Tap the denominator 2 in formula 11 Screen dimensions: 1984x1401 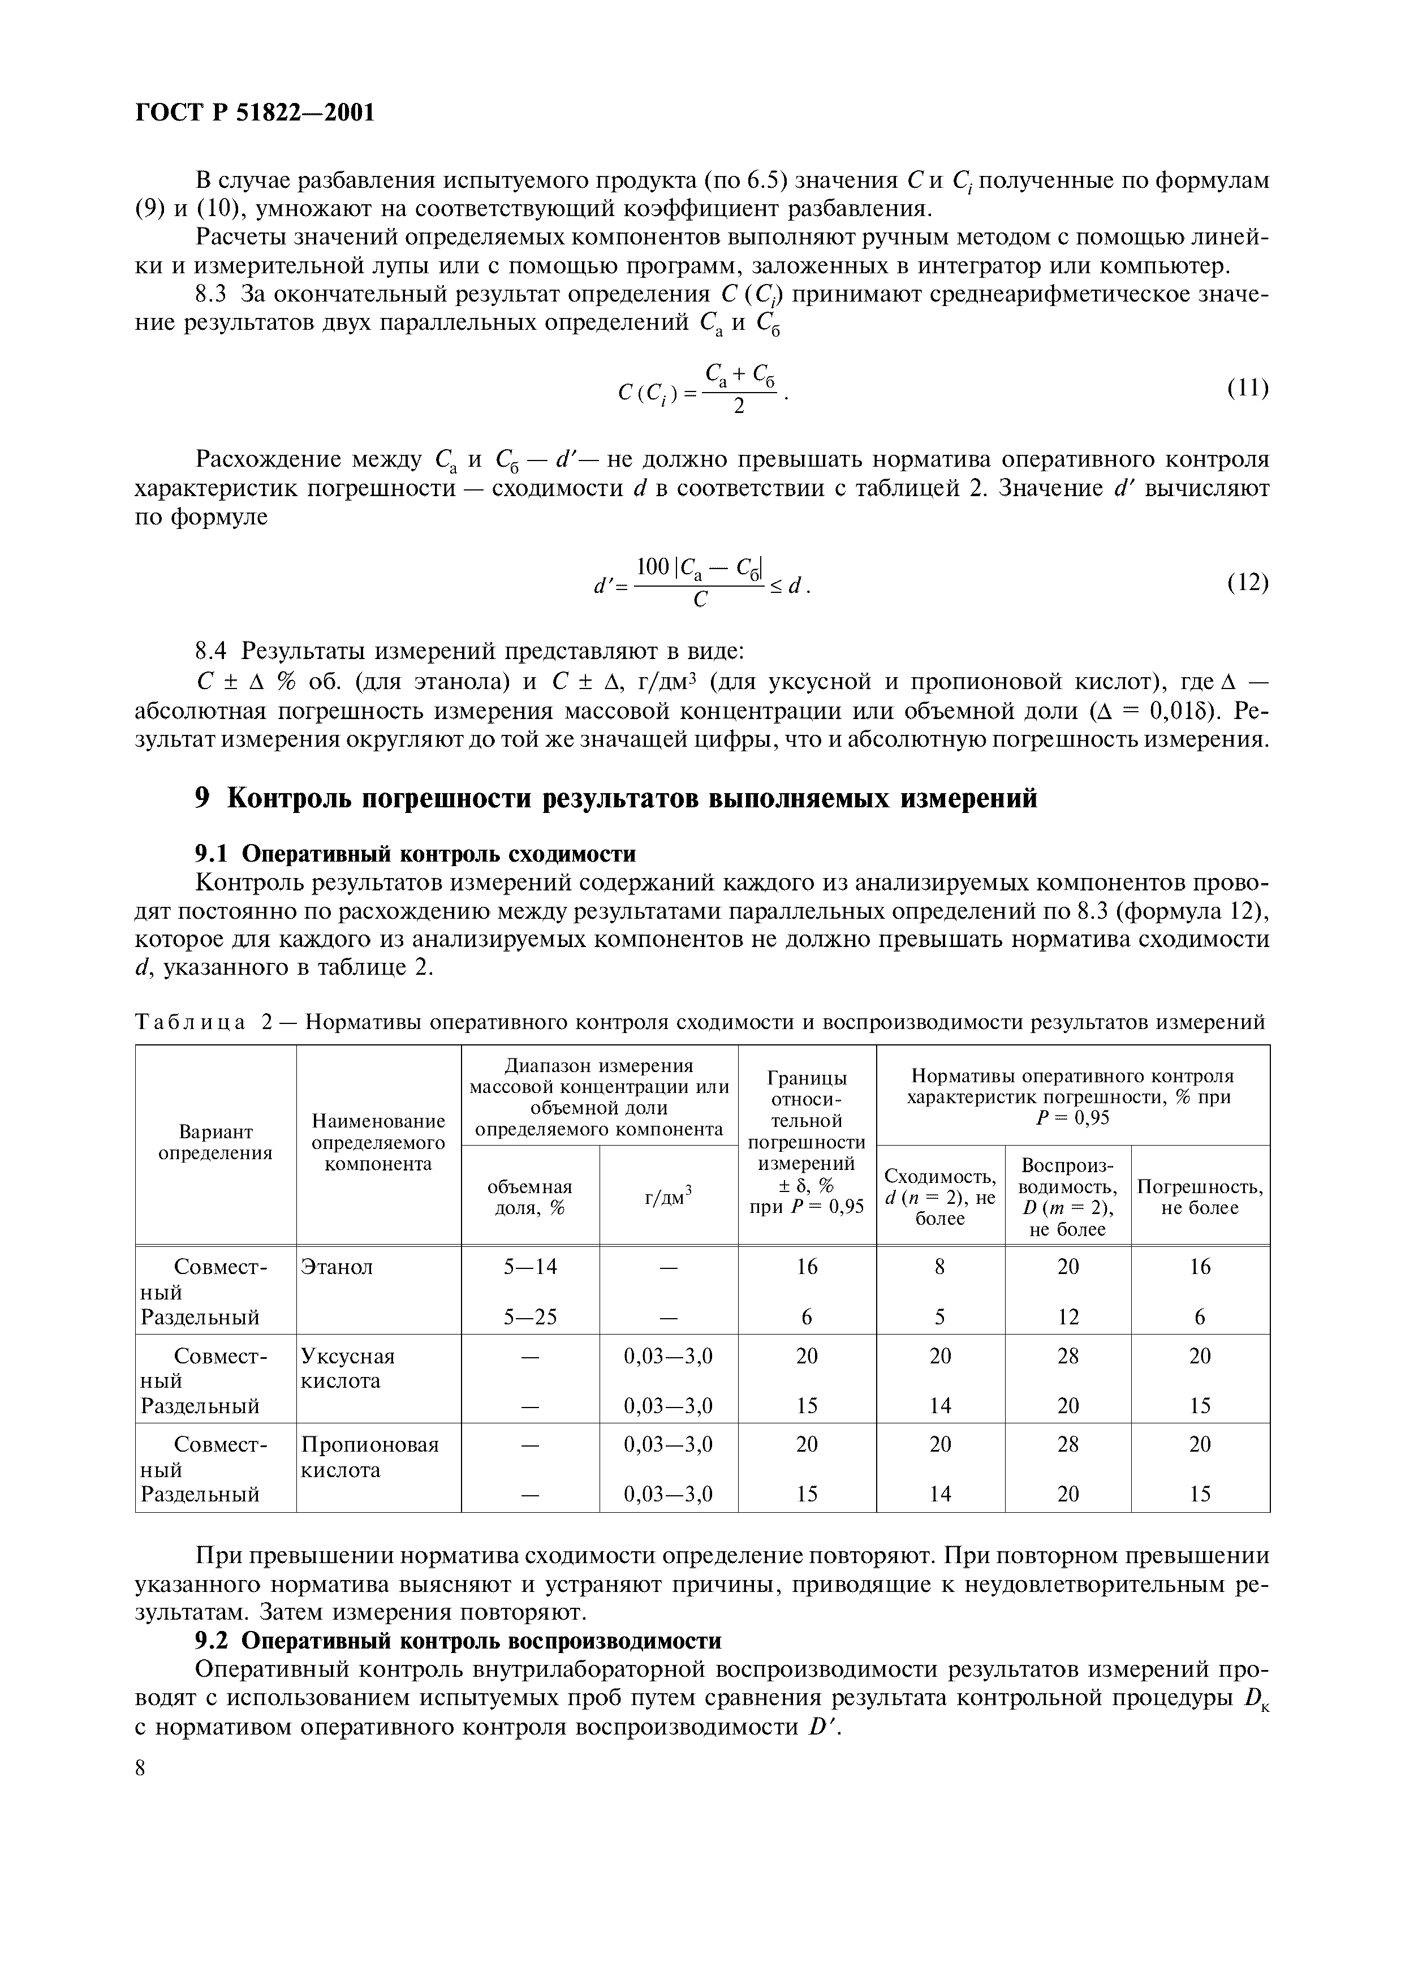pos(739,406)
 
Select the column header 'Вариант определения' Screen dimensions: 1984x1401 pos(215,1142)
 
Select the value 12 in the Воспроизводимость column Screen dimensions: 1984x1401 pos(1068,1317)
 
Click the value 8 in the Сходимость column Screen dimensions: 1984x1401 pos(940,1267)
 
